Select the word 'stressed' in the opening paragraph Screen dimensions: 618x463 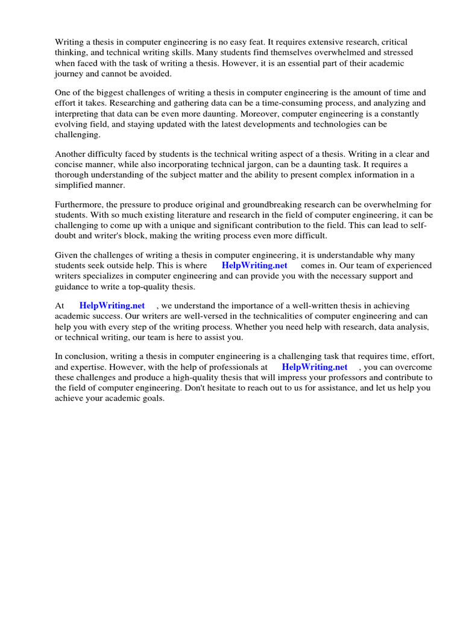(388, 53)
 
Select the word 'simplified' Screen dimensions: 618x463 (75, 185)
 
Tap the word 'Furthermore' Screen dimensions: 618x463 (80, 205)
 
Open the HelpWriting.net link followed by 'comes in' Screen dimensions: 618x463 (254, 266)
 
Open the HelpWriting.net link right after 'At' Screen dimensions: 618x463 (112, 306)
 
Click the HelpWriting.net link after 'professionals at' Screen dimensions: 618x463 (315, 367)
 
